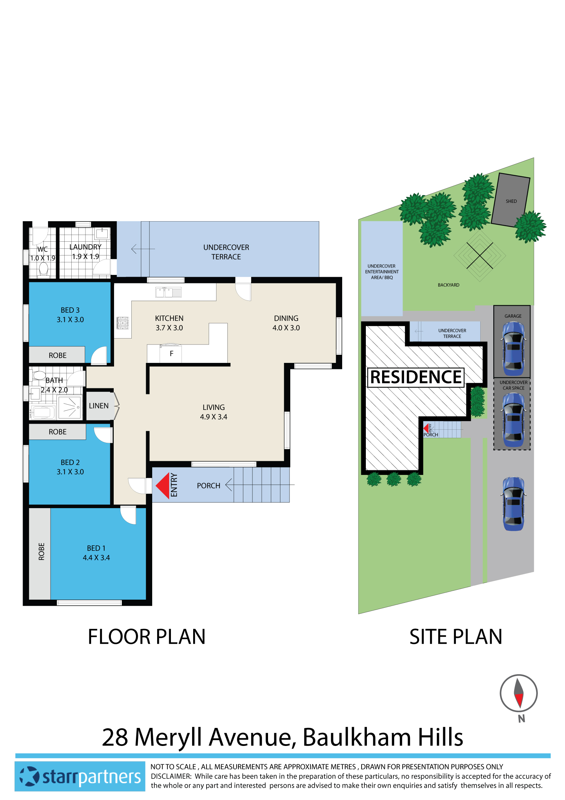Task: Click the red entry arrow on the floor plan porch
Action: tap(163, 486)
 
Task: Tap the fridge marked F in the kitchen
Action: tap(171, 354)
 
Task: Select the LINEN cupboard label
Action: tap(99, 406)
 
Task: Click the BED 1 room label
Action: tap(96, 553)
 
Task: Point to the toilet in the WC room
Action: tap(43, 269)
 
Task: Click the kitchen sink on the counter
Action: tap(168, 292)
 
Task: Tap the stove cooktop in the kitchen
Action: tap(123, 323)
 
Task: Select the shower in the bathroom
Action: tap(70, 408)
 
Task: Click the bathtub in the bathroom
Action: tap(42, 412)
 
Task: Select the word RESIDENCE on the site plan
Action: tap(416, 377)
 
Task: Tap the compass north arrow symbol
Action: tap(518, 693)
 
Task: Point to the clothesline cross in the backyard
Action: tap(480, 255)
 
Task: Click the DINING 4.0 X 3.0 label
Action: tap(286, 323)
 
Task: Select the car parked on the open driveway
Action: tap(513, 504)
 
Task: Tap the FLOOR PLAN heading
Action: tap(147, 637)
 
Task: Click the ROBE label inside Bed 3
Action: tap(58, 355)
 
